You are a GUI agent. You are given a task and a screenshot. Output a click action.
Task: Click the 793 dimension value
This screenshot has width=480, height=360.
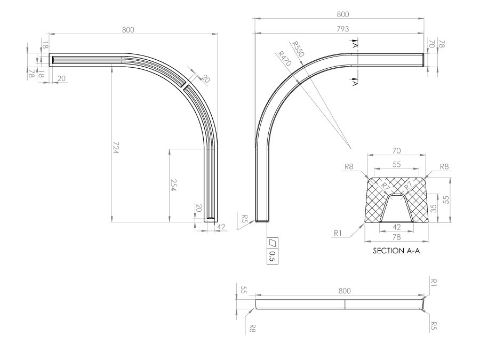(x=343, y=29)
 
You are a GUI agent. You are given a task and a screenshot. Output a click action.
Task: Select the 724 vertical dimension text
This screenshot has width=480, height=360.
(x=115, y=148)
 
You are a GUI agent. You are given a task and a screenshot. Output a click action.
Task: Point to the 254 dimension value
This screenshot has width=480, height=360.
(x=173, y=185)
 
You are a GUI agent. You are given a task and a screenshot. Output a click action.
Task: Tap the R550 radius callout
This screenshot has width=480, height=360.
(x=298, y=49)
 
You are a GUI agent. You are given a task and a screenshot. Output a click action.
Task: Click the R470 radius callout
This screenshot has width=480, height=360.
(x=284, y=59)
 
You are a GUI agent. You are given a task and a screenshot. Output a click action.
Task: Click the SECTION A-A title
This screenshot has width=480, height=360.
(x=396, y=251)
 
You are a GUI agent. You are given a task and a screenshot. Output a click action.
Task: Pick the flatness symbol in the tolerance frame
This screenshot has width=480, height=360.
(x=273, y=243)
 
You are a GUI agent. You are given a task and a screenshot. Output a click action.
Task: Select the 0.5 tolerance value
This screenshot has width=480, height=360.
(x=273, y=257)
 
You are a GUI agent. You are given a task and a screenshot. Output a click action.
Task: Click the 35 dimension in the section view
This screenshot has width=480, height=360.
(x=434, y=209)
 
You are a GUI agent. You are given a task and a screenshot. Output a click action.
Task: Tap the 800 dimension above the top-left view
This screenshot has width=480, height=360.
(x=128, y=30)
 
